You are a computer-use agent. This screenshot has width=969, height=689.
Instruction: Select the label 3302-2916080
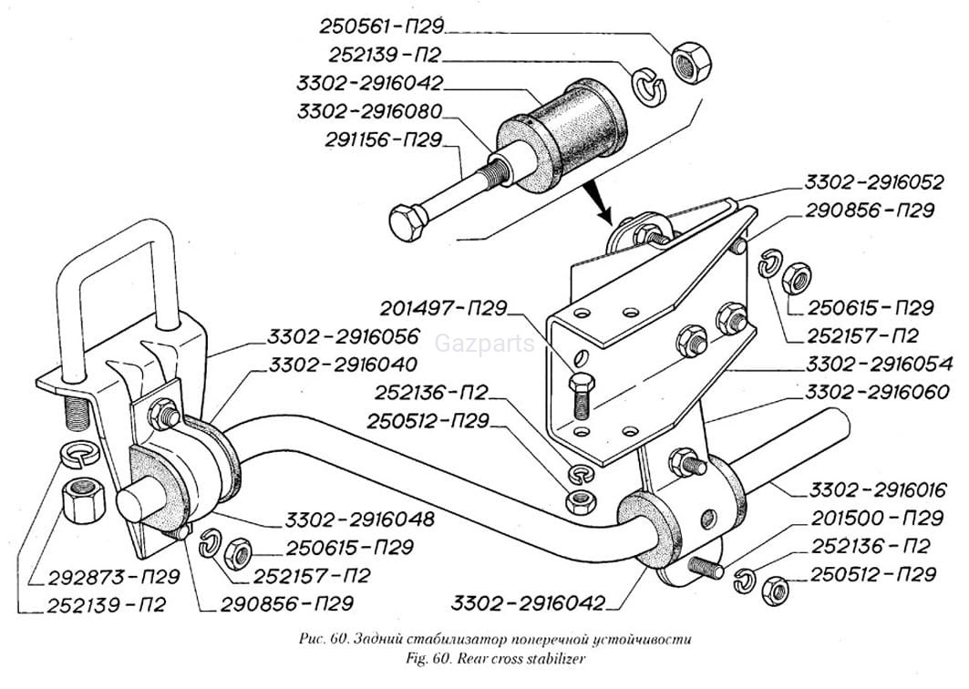point(369,112)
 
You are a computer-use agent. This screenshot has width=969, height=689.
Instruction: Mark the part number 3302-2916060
point(870,393)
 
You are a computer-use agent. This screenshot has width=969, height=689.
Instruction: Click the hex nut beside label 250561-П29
point(690,63)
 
